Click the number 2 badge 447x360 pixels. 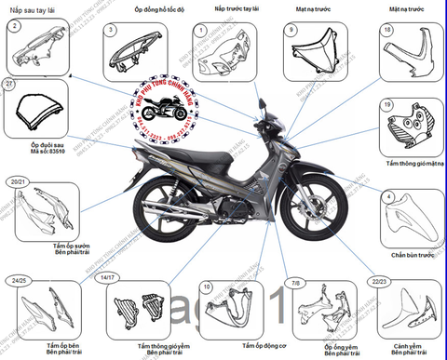[x=13, y=27]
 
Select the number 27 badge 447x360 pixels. [x=10, y=85]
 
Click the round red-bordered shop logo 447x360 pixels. [x=156, y=109]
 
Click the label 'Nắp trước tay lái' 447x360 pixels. [x=225, y=8]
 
